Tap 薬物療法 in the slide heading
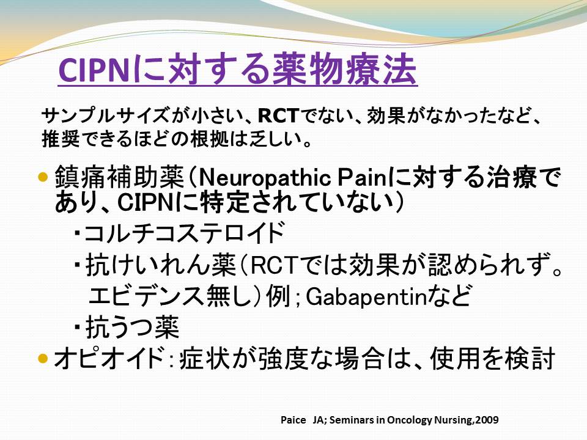click(344, 70)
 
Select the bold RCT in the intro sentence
click(279, 116)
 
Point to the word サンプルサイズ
click(106, 116)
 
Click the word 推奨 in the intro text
click(61, 139)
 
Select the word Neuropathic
click(265, 178)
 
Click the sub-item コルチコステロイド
click(184, 232)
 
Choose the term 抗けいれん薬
click(160, 265)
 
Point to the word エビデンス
click(146, 296)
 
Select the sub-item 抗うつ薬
click(132, 326)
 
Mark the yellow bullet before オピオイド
click(44, 358)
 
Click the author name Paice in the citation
click(293, 420)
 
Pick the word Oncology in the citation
click(410, 420)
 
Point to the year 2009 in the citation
click(487, 420)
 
